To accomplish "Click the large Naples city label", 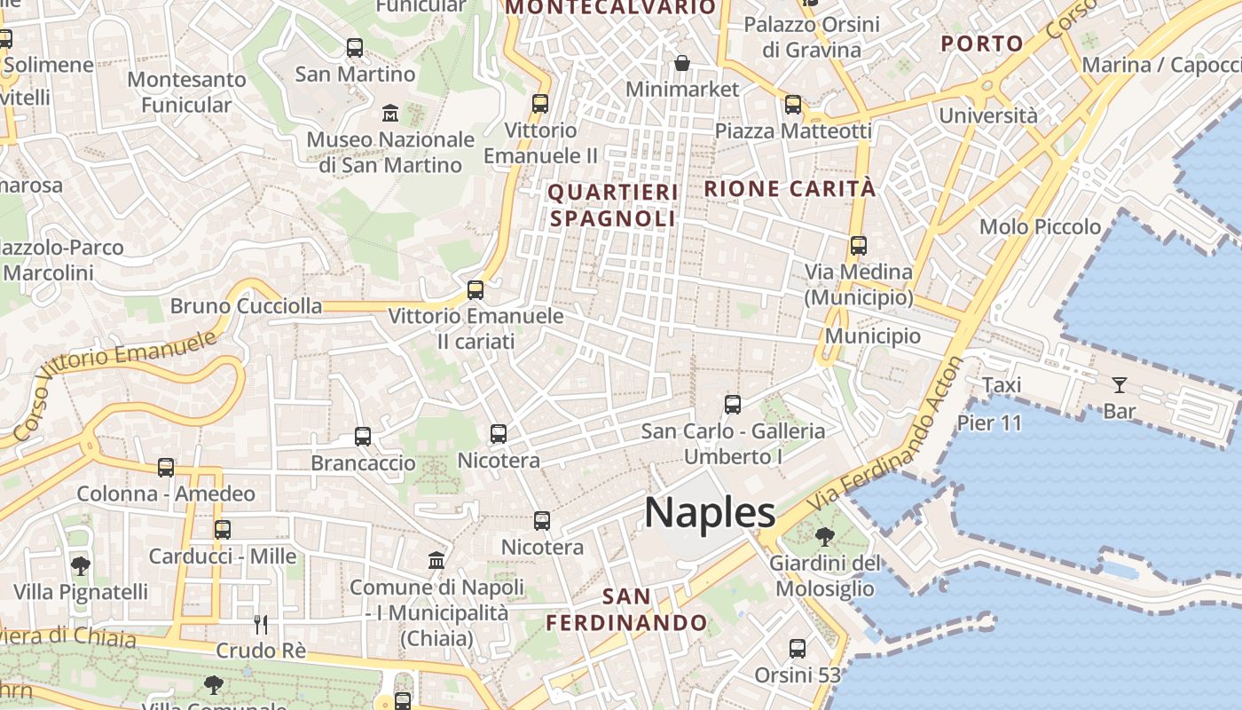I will pos(710,513).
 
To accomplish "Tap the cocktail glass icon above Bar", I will pos(1120,385).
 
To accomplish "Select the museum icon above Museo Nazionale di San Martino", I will pos(390,113).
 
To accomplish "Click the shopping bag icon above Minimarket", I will pos(682,63).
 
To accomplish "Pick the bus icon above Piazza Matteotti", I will pos(793,105).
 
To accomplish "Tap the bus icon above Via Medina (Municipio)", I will pos(858,246).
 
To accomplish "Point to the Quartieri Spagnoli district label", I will pos(613,205).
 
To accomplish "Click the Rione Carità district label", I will pos(790,188).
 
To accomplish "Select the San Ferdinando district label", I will pos(626,609).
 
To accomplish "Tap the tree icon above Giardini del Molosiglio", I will pos(824,536).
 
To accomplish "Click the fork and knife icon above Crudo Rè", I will pos(261,625).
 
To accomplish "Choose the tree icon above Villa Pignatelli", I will pos(81,565).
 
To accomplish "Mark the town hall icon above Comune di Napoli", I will pos(436,561).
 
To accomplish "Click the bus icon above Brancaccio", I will pos(363,437).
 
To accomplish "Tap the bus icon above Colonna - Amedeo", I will pos(166,468).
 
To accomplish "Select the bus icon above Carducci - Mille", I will pos(223,530).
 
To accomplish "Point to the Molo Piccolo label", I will pos(1040,226).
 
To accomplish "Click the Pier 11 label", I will pos(989,422).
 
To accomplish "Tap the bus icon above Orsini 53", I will pos(798,649).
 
